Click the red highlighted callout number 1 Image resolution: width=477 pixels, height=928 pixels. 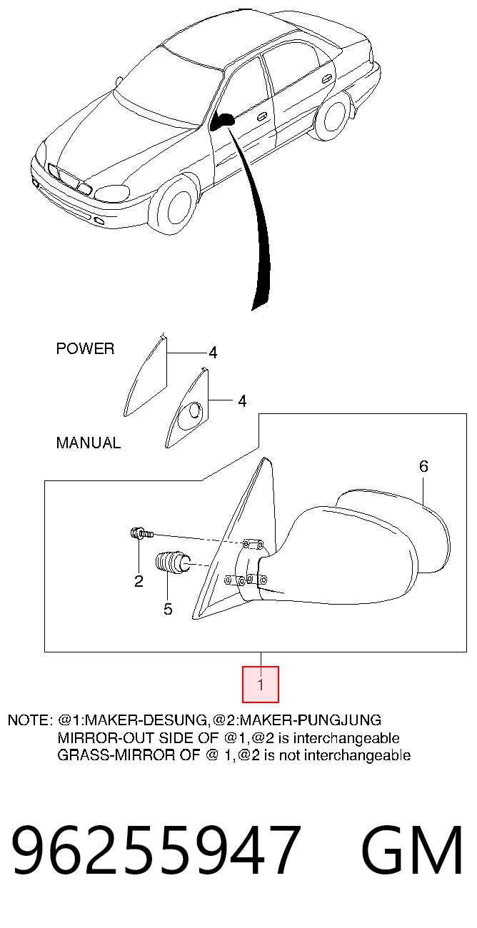260,684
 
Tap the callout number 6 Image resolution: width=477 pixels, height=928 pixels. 423,466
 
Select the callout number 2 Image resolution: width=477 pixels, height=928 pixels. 139,581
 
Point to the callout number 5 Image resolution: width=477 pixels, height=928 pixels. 167,609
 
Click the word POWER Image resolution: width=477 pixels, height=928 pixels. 85,349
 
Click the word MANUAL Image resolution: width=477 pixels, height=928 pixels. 89,443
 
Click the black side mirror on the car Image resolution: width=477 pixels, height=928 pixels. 221,121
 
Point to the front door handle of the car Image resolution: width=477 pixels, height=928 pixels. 262,116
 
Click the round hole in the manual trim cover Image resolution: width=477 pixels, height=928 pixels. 195,411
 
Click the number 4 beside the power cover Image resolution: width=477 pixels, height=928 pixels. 213,353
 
